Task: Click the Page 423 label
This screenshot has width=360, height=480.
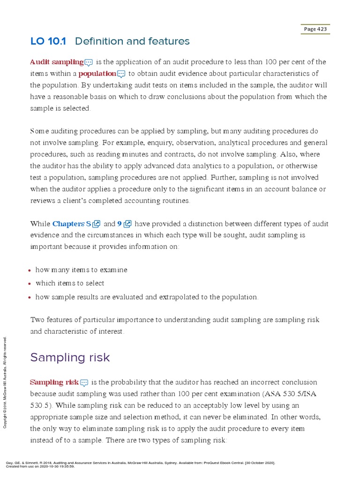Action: (x=315, y=29)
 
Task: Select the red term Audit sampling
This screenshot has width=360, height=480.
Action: (x=57, y=62)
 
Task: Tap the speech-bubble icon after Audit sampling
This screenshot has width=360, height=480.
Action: (x=89, y=62)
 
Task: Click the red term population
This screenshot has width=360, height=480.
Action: (x=97, y=74)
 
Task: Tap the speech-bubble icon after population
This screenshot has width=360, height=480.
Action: (x=121, y=74)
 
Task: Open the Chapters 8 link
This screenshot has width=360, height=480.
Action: (x=72, y=224)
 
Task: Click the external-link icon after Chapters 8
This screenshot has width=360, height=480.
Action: (x=97, y=224)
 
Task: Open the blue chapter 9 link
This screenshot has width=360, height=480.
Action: (x=120, y=224)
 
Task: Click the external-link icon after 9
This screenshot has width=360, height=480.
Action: (x=128, y=224)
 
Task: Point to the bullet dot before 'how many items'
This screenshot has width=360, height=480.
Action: (x=30, y=270)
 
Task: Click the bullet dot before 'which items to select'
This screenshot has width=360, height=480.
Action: (x=30, y=284)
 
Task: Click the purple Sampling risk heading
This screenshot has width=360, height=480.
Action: (x=70, y=357)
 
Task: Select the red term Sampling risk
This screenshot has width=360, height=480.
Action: (x=54, y=382)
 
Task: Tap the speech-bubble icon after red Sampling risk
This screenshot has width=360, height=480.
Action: (x=84, y=382)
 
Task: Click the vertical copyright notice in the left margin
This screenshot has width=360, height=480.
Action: (x=5, y=382)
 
